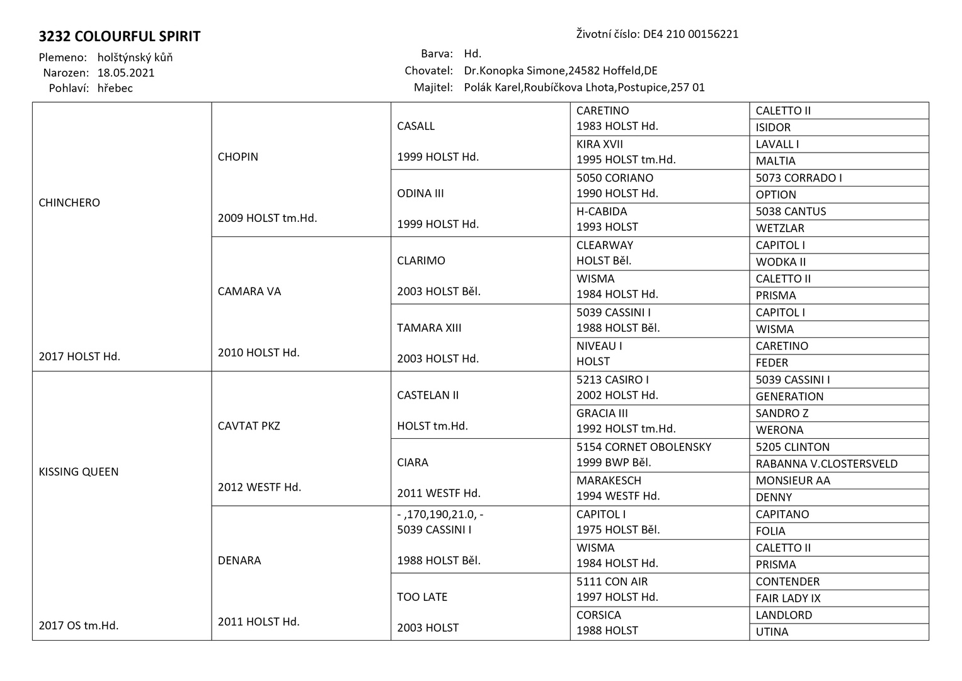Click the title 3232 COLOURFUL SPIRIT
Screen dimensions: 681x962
119,37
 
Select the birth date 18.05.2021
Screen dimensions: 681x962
126,73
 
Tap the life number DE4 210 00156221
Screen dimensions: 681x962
690,34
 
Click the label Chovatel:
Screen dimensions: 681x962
428,71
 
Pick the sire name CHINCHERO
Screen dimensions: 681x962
69,203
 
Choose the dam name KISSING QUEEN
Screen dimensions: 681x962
78,472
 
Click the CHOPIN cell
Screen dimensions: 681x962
238,157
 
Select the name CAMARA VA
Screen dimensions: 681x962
249,291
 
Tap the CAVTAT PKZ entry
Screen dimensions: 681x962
249,426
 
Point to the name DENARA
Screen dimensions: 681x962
239,561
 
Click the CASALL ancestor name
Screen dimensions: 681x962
416,126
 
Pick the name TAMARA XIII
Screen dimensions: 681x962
429,328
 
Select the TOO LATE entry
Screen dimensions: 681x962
422,597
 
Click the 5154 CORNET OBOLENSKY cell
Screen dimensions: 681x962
643,447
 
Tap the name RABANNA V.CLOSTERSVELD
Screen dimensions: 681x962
827,464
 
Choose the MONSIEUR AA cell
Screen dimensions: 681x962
793,480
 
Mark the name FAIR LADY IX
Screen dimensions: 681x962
787,598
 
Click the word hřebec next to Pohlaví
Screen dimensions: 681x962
115,88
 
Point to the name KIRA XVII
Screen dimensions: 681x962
599,144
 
